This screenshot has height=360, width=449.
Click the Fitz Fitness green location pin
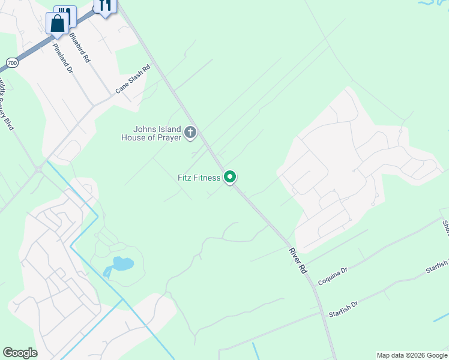tap(229, 177)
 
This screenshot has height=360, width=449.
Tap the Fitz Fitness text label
tap(199, 178)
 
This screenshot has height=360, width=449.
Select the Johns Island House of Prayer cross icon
tap(190, 132)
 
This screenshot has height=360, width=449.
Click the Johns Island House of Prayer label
tap(157, 133)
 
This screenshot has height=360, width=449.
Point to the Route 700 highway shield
tap(11, 62)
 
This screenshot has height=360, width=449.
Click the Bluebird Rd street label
tap(79, 48)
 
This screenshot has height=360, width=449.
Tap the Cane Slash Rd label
tap(132, 79)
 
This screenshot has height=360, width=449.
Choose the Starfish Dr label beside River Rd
tap(343, 310)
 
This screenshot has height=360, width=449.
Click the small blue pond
tap(121, 264)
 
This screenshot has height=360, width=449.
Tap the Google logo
tap(20, 353)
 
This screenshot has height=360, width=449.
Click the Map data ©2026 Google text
tap(412, 355)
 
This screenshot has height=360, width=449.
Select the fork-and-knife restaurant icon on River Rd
tap(105, 6)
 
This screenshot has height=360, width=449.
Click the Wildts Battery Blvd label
tap(7, 106)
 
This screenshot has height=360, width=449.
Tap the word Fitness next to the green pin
tap(206, 178)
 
